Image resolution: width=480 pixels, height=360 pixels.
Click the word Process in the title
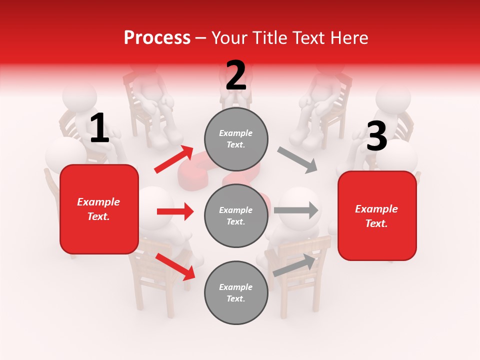click(157, 38)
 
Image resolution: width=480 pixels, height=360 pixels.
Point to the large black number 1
click(99, 128)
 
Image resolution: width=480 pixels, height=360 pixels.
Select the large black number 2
click(236, 75)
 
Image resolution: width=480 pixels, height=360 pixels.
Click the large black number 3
click(376, 136)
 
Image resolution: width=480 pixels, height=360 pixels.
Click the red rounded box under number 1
click(99, 209)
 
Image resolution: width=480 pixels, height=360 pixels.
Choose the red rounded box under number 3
click(377, 215)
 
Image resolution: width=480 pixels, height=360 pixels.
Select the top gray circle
click(236, 139)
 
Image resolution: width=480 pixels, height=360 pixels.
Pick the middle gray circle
click(236, 216)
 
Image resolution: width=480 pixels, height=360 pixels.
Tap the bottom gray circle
click(236, 292)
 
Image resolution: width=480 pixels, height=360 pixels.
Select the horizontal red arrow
click(175, 211)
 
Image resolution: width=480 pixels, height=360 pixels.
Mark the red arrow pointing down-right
click(175, 266)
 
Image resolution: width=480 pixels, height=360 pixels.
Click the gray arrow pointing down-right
click(297, 159)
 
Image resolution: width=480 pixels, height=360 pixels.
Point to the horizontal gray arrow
click(296, 210)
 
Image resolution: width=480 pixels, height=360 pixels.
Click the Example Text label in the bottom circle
click(236, 293)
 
